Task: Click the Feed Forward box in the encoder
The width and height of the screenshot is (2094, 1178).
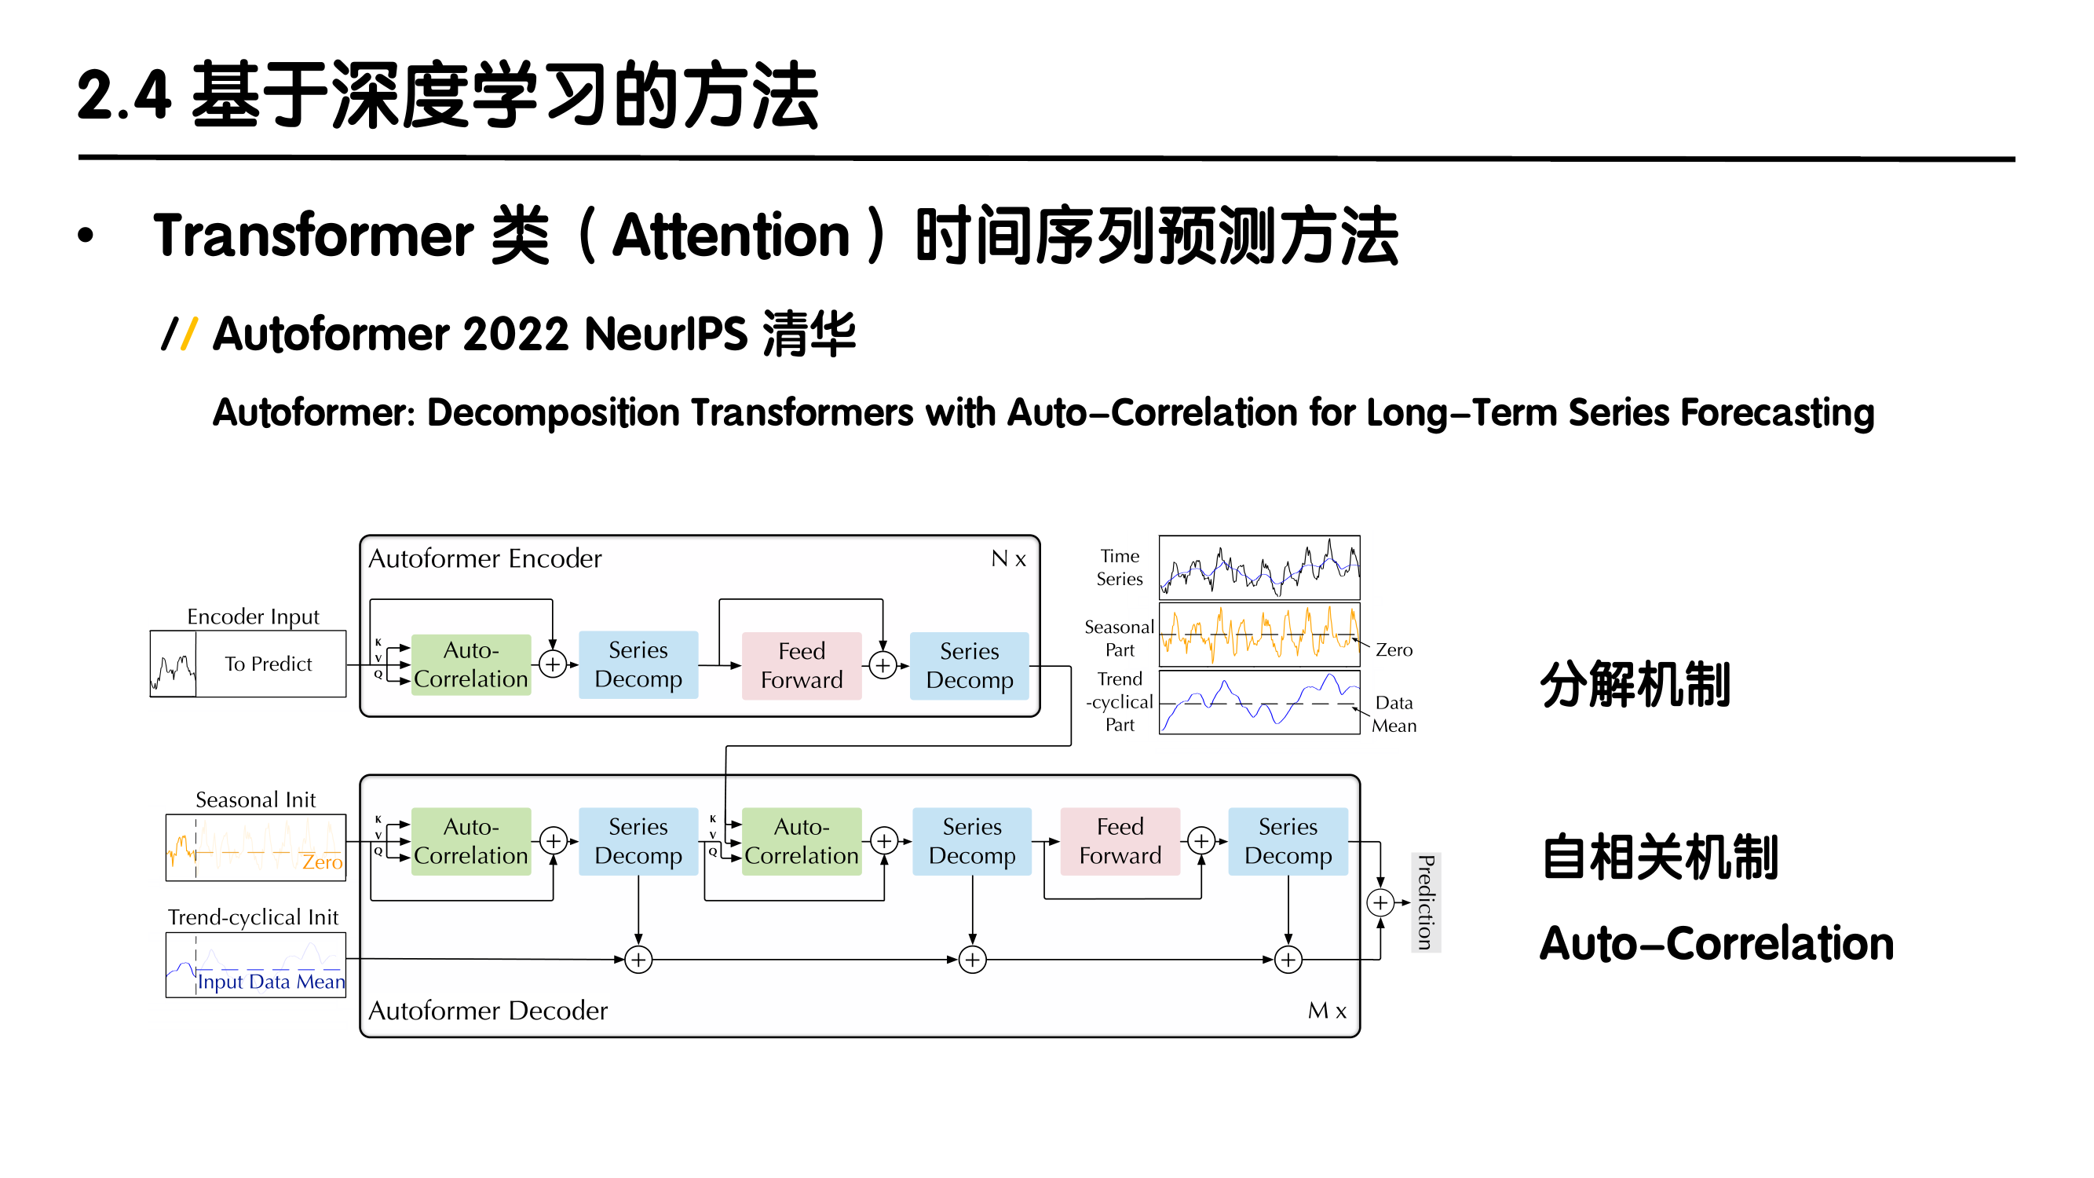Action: point(801,665)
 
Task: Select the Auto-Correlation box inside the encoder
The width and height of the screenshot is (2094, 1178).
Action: point(470,664)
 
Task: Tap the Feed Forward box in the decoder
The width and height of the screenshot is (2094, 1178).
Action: point(1120,840)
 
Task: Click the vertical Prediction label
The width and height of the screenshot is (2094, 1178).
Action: point(1425,902)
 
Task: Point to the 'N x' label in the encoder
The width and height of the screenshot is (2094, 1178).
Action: point(1008,558)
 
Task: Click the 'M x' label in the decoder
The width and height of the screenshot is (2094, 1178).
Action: point(1327,1011)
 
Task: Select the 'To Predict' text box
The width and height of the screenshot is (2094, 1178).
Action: point(269,664)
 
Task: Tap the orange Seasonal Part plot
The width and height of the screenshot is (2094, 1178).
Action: point(1259,634)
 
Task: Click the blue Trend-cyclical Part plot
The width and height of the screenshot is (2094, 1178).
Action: point(1259,701)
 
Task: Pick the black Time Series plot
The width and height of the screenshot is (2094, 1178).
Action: point(1259,567)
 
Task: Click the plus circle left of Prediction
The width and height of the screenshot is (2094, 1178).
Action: point(1380,902)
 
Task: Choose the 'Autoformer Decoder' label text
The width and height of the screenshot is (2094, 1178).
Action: point(488,1011)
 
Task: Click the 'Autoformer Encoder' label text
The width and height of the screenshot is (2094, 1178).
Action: point(485,558)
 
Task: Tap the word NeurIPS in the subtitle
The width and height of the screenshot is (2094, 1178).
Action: point(665,334)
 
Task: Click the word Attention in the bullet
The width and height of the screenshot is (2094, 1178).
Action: point(731,236)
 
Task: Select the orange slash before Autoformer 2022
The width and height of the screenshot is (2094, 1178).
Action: point(189,333)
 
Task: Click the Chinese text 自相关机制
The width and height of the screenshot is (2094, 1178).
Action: point(1660,857)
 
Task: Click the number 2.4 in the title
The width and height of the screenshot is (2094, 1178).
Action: point(123,96)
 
